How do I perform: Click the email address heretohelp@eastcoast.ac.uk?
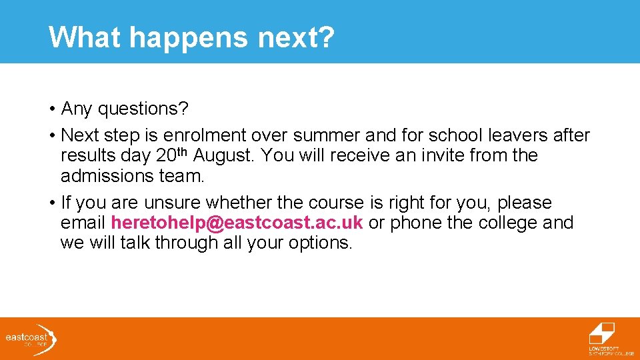[x=237, y=223]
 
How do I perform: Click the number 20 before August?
[x=166, y=156]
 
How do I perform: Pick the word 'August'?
[x=223, y=156]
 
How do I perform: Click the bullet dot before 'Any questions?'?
[x=51, y=109]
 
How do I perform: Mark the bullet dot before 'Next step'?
[x=51, y=136]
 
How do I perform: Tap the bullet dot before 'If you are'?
[x=51, y=203]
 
